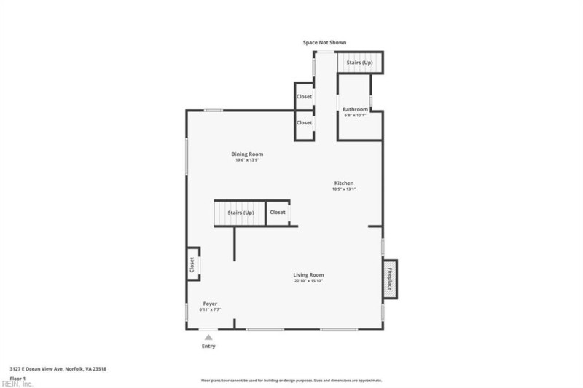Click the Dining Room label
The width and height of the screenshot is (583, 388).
[x=247, y=154]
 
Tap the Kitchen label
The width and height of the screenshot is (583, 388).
[x=344, y=183]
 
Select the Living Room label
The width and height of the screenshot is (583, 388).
[x=308, y=274]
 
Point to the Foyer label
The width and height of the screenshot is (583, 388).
[x=210, y=304]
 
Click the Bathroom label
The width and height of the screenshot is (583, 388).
[x=355, y=109]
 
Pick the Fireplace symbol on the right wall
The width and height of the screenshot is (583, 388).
[x=390, y=279]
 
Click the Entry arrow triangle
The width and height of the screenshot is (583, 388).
[x=208, y=337]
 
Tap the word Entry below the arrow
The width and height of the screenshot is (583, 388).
[x=208, y=347]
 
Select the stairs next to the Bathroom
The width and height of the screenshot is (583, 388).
[x=359, y=63]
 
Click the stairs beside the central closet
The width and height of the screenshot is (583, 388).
[x=238, y=213]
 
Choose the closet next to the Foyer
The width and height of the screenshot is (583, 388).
[x=192, y=264]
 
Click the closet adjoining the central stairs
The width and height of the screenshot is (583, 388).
[x=278, y=213]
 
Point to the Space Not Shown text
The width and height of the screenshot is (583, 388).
[x=324, y=43]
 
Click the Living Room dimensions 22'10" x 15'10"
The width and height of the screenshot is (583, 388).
[x=308, y=281]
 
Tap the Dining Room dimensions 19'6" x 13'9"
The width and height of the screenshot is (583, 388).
[x=247, y=160]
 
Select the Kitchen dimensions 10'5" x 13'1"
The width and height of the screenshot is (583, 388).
[x=344, y=189]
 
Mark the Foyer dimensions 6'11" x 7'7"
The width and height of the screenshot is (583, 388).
[x=210, y=309]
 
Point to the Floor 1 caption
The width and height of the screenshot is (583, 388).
[x=19, y=378]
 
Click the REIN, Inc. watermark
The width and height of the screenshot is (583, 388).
[x=17, y=384]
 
